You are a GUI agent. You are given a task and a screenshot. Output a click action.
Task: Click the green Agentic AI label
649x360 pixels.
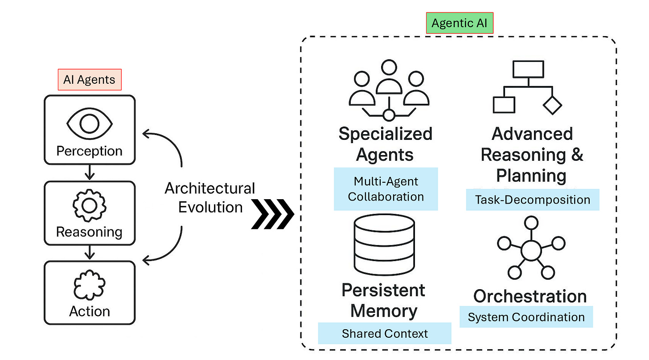tap(460, 23)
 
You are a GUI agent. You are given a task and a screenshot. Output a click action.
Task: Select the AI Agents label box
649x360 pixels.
tap(90, 80)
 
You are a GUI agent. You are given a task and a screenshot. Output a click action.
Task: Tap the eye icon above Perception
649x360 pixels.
tap(90, 124)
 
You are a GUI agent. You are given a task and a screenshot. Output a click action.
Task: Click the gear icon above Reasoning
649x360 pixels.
tap(90, 206)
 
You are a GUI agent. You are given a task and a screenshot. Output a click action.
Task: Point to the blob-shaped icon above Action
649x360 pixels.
tap(90, 285)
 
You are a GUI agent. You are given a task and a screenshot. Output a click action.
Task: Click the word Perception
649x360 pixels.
tap(90, 151)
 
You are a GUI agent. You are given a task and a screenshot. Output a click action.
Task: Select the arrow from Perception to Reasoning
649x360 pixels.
tap(90, 172)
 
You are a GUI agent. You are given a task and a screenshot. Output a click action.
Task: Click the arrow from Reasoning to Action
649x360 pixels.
tap(90, 252)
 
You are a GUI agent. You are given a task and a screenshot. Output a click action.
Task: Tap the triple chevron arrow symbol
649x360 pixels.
tap(273, 214)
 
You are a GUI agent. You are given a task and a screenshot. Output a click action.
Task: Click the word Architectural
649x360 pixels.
tap(210, 188)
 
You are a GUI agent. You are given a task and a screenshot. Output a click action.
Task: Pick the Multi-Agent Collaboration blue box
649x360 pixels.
tap(386, 189)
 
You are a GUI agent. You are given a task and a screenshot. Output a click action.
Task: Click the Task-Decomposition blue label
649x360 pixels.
tap(533, 200)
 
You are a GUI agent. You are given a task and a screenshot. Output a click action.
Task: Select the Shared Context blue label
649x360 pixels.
tap(385, 333)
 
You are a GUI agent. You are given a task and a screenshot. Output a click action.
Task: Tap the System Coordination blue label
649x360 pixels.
tap(526, 317)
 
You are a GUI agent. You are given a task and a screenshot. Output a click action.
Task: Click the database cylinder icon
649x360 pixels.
tap(384, 245)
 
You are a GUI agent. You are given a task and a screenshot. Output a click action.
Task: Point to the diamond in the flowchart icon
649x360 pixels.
tap(552, 106)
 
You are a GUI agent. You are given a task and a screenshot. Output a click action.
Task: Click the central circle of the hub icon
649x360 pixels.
tap(531, 250)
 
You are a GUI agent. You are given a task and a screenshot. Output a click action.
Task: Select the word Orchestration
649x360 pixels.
tap(530, 296)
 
